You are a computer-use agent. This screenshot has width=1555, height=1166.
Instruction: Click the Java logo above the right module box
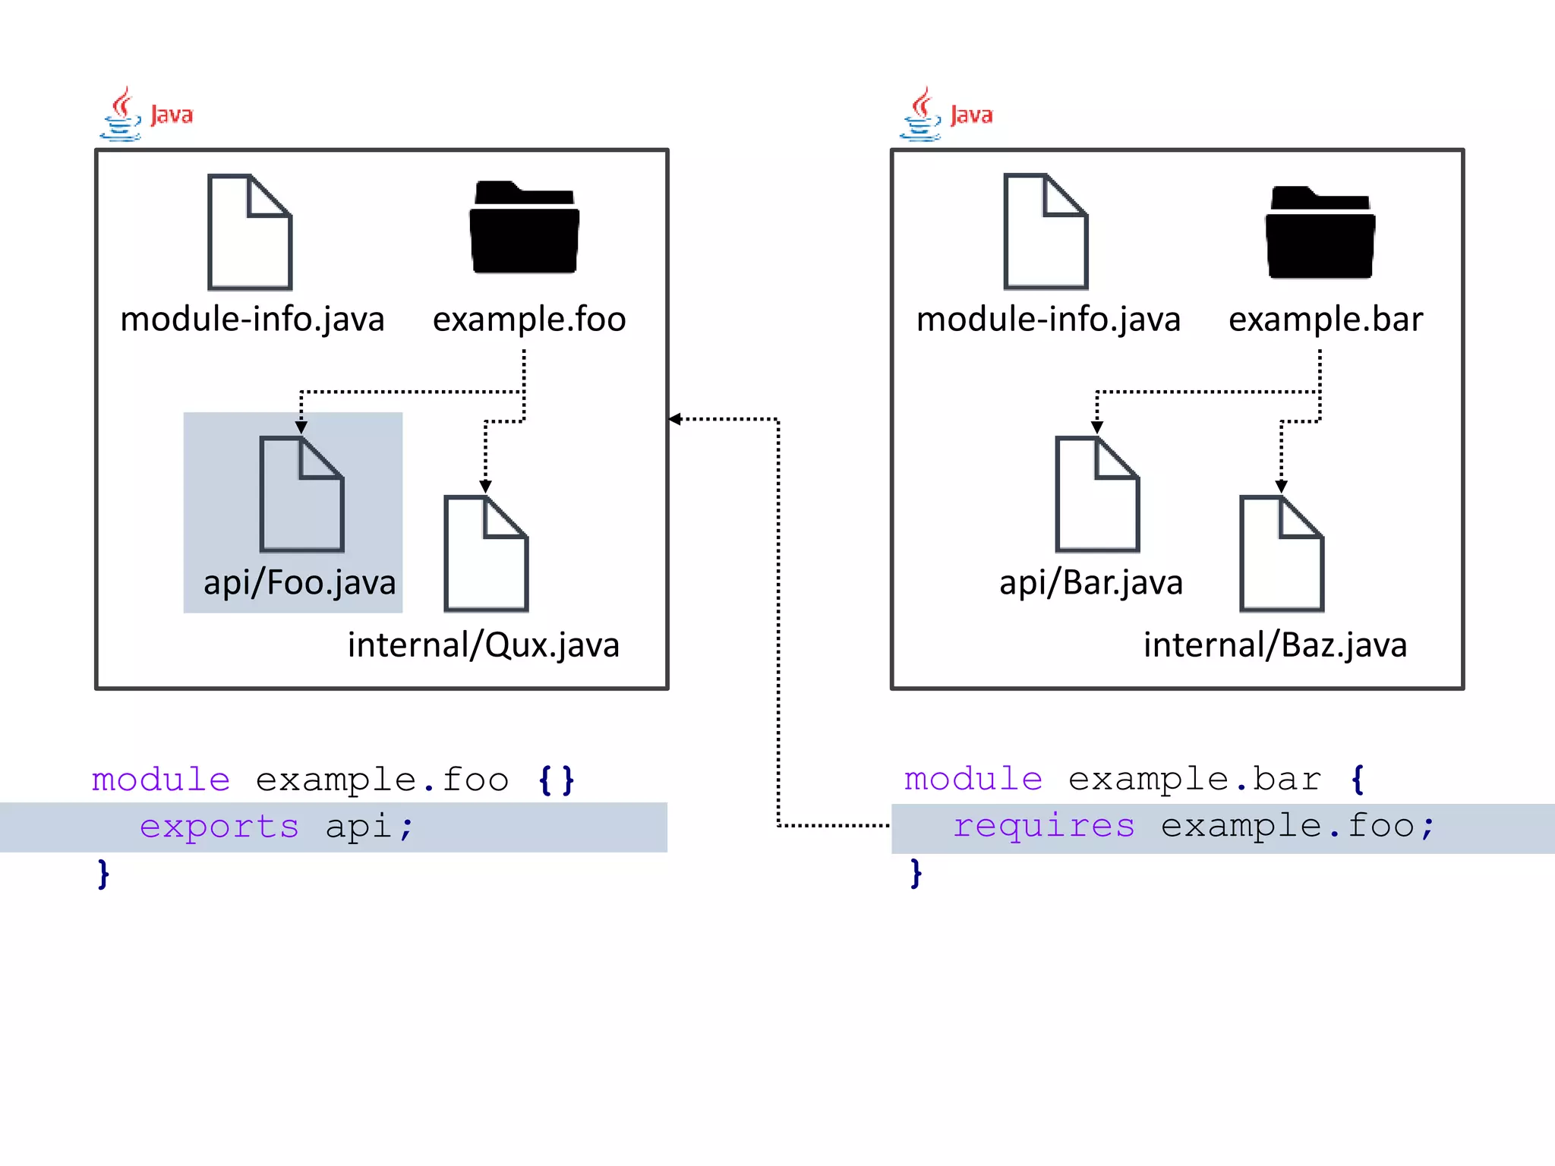tap(945, 115)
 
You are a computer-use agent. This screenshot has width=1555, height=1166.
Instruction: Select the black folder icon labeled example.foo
tap(524, 228)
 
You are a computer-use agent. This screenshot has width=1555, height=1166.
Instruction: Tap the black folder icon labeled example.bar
tap(1320, 232)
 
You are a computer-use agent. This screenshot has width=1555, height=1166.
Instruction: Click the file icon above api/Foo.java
tap(301, 494)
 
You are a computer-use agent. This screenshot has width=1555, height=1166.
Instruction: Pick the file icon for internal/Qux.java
tap(486, 553)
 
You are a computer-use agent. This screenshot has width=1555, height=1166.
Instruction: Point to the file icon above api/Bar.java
tap(1097, 494)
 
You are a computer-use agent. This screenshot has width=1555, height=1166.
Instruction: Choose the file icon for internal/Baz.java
tap(1282, 553)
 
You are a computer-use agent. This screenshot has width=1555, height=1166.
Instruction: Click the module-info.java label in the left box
tap(252, 319)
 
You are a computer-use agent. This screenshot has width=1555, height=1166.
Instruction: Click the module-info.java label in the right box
tap(1048, 319)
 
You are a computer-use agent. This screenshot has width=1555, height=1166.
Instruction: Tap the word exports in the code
tap(219, 827)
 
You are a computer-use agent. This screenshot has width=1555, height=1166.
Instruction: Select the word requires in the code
tap(1044, 827)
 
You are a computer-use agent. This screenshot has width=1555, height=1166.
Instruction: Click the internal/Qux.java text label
tap(484, 645)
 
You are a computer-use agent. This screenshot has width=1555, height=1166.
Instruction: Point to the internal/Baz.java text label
tap(1275, 645)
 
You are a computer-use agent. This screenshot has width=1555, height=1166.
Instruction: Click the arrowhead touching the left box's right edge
tap(675, 419)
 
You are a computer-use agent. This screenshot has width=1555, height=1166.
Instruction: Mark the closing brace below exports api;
tap(103, 874)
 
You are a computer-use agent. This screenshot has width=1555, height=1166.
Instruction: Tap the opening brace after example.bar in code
tap(1358, 780)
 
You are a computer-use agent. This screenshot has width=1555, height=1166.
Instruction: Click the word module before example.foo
tap(161, 780)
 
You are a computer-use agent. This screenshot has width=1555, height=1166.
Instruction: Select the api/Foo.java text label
tap(299, 583)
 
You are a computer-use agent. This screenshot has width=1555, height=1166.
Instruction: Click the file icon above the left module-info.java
tap(250, 232)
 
